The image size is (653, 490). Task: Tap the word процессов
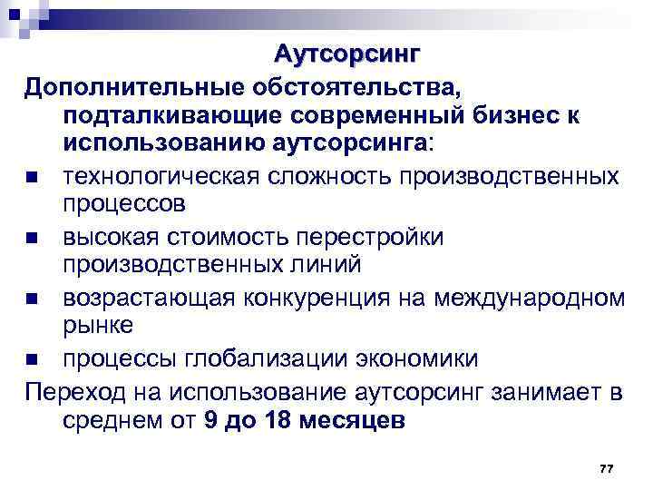pyautogui.click(x=124, y=203)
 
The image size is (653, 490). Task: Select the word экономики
pyautogui.click(x=419, y=358)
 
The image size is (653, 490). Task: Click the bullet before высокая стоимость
pyautogui.click(x=33, y=239)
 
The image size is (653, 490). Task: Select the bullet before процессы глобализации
pyautogui.click(x=33, y=359)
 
